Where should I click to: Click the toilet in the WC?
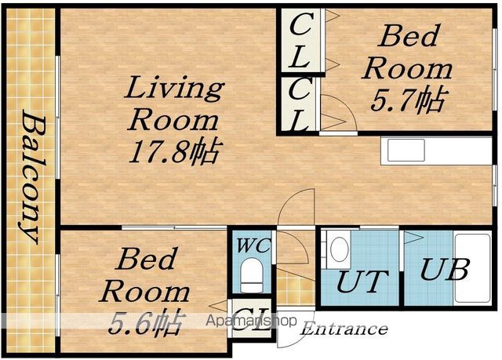[251, 275]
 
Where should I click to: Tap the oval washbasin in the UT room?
[339, 249]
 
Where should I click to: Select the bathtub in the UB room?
[472, 267]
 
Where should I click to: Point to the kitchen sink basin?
[406, 151]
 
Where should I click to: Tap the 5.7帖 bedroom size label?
[407, 100]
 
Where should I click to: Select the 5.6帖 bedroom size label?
[147, 322]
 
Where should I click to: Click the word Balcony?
[32, 176]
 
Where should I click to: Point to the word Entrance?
[344, 329]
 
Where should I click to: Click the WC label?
[254, 245]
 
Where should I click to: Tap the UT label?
[362, 282]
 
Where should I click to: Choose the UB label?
[445, 270]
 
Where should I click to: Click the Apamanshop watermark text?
[251, 321]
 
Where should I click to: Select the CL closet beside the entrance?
[251, 318]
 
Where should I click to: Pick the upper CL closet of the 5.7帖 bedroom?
[300, 41]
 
